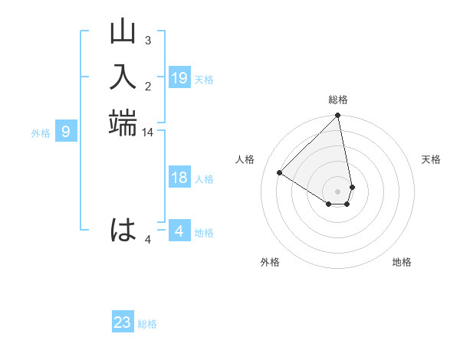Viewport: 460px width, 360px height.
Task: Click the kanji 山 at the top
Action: tap(123, 33)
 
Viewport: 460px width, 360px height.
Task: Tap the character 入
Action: tap(123, 77)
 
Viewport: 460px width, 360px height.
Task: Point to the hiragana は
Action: tap(123, 230)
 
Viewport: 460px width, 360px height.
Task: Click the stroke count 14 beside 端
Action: tap(147, 133)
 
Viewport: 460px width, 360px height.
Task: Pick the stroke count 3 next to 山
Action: tap(147, 41)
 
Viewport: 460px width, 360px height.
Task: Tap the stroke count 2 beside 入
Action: tap(147, 86)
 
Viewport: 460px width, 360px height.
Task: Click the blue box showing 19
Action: tap(179, 78)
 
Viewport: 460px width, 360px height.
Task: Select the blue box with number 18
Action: tap(179, 178)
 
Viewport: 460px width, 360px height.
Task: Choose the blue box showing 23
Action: tap(123, 322)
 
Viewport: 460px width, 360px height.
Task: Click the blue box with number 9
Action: tap(66, 132)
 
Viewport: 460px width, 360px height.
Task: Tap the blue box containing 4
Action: tap(179, 231)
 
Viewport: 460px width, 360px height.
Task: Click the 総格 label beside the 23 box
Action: tap(147, 324)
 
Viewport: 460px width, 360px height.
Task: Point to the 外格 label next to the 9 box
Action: tap(41, 133)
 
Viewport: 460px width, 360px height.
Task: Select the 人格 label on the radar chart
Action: tap(245, 159)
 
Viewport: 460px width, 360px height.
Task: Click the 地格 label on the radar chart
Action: tap(402, 262)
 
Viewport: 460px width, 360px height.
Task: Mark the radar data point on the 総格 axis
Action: tap(337, 116)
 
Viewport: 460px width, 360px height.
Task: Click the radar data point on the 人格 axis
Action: tap(280, 173)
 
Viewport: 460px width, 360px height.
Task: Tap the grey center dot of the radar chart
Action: tap(337, 191)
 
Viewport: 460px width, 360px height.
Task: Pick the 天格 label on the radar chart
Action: tap(431, 159)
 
